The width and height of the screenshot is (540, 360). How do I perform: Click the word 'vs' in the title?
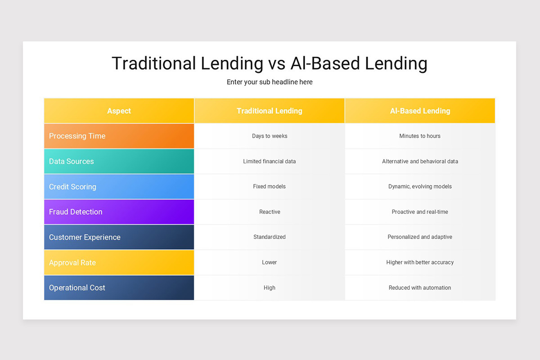[277, 64]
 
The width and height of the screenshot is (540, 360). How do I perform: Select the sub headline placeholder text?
[270, 82]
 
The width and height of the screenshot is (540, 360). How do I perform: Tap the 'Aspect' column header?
[119, 111]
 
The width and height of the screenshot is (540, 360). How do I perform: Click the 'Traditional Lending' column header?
[270, 111]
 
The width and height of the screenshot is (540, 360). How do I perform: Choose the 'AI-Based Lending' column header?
[420, 111]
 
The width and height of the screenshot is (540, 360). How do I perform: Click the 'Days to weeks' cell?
[270, 136]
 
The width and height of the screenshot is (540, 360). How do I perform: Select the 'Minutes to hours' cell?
[420, 136]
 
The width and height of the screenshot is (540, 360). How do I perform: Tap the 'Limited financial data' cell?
[270, 161]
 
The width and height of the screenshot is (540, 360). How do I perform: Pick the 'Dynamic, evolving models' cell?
[420, 186]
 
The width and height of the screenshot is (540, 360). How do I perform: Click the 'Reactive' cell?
[270, 211]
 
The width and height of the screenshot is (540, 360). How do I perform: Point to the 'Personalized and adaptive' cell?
[420, 237]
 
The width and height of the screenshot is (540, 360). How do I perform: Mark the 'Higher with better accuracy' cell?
[420, 262]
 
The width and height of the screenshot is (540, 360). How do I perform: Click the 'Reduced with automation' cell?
[420, 288]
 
